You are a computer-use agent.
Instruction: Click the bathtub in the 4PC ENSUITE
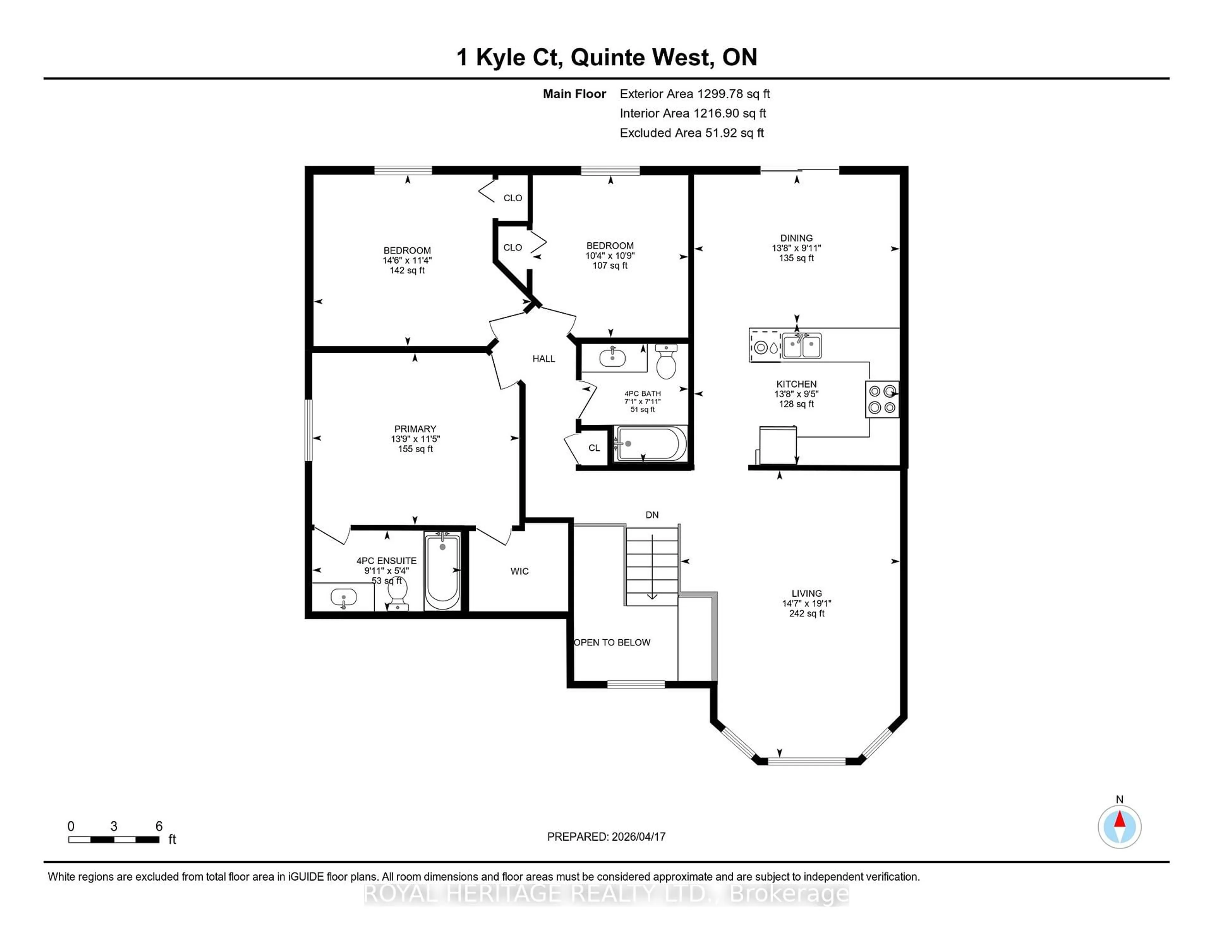pyautogui.click(x=442, y=571)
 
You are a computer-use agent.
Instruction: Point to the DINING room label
pyautogui.click(x=796, y=238)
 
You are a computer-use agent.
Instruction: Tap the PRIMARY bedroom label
pyautogui.click(x=415, y=429)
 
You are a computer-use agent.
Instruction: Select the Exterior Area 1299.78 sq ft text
pyautogui.click(x=695, y=94)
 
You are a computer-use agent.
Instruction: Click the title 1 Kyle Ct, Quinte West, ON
pyautogui.click(x=606, y=57)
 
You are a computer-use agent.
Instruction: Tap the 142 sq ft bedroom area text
pyautogui.click(x=407, y=271)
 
